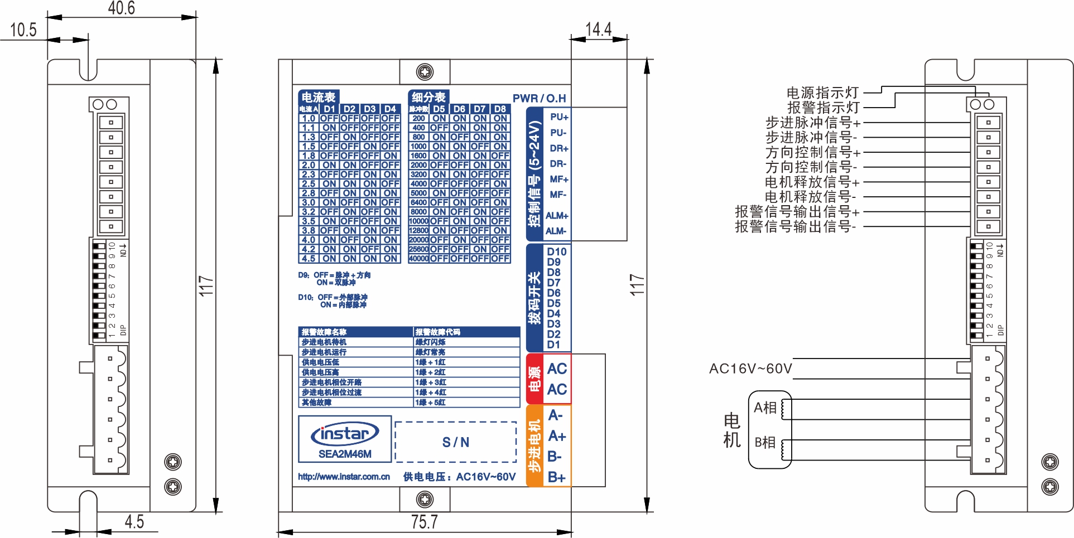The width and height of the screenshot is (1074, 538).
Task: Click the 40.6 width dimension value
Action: point(121,8)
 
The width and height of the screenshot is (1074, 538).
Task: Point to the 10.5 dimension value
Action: point(23,30)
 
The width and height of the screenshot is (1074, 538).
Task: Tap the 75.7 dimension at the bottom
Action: point(424,522)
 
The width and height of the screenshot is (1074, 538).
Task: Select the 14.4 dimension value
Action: point(598,29)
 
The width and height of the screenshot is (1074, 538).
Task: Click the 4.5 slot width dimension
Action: point(134,522)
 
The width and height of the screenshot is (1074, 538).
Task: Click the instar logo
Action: point(345,434)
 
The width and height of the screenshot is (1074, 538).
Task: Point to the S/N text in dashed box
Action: point(455,443)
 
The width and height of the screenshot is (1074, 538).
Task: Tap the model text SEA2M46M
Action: point(345,454)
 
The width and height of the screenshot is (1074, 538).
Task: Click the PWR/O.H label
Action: point(539,98)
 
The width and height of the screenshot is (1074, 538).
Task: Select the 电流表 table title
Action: point(318,97)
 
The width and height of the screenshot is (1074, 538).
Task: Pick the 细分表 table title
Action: point(428,97)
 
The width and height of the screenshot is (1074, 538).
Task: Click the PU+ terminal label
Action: point(558,117)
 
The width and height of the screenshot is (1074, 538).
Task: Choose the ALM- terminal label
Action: point(556,231)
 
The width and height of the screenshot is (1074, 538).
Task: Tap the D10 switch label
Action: point(556,251)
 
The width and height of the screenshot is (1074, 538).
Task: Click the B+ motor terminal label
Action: point(556,477)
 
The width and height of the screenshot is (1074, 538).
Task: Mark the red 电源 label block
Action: point(534,379)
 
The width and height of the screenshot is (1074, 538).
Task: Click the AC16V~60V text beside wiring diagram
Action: point(750,369)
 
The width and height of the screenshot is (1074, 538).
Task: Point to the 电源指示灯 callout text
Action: point(822,93)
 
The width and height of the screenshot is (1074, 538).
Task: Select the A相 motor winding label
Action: point(765,408)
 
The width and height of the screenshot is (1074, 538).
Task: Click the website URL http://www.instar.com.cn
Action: point(344,477)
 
